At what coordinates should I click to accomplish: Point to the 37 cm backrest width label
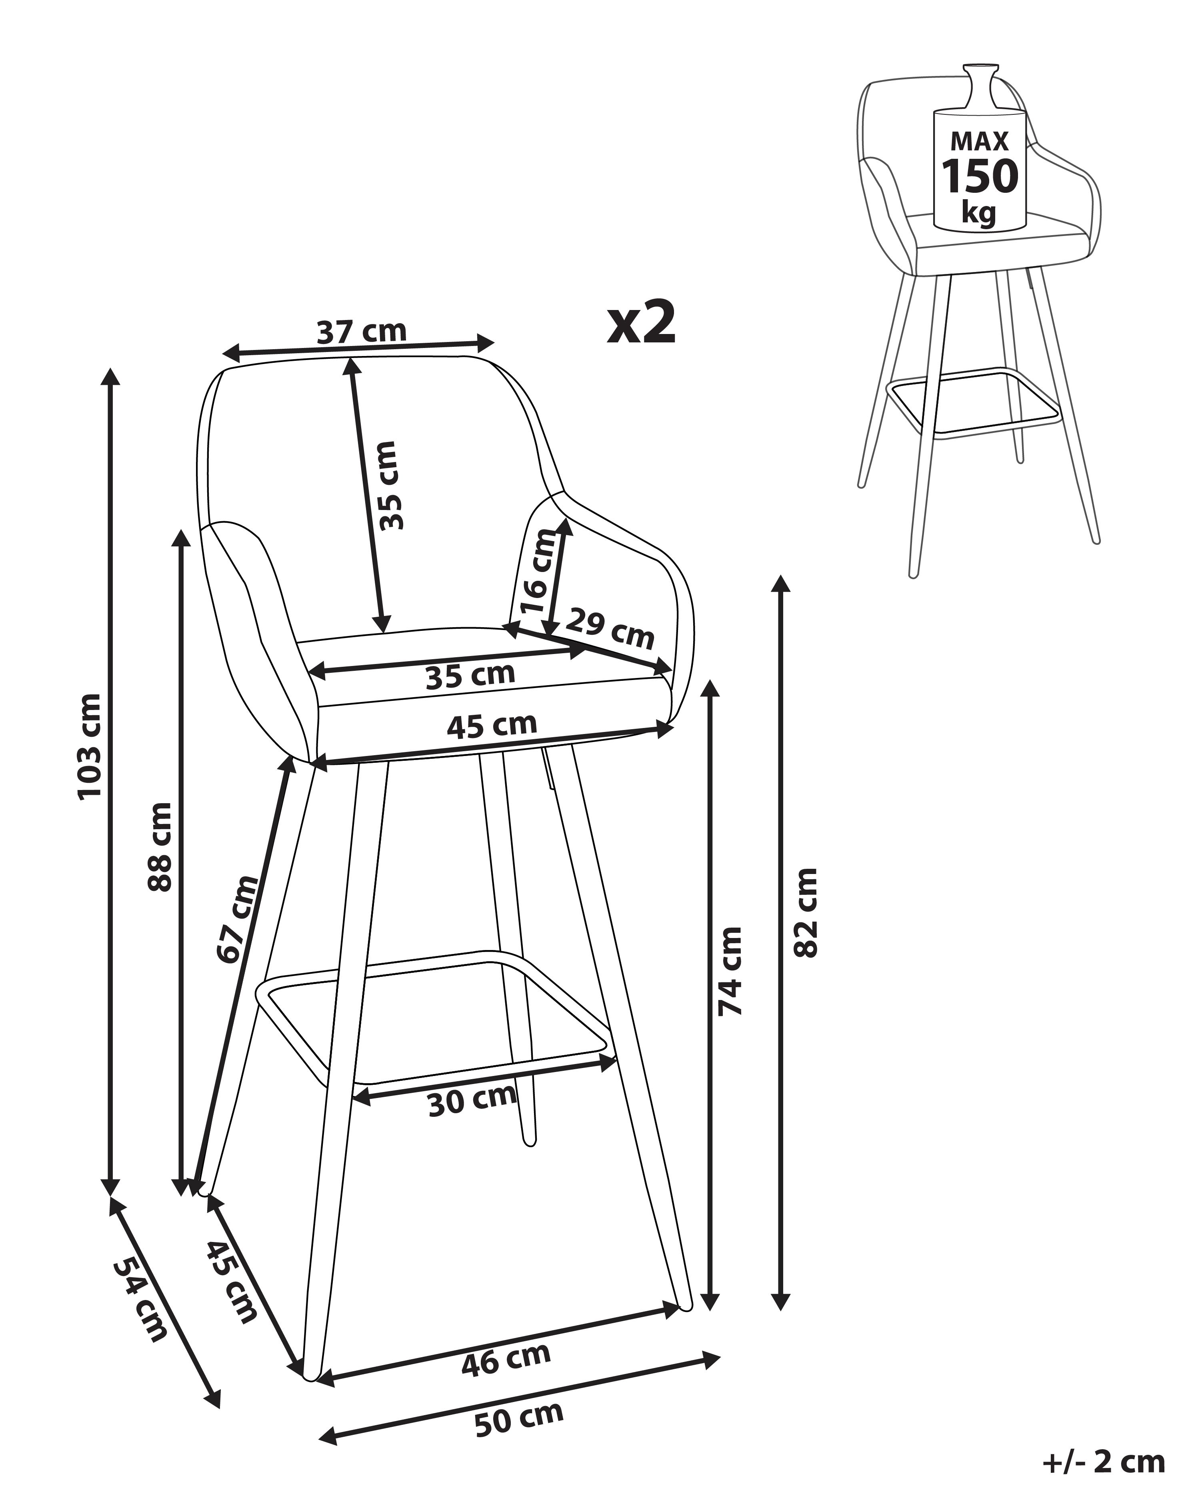[x=361, y=331]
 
